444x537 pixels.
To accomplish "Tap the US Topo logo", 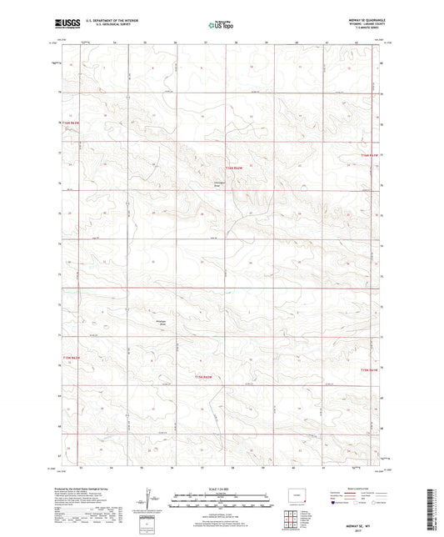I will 221,25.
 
